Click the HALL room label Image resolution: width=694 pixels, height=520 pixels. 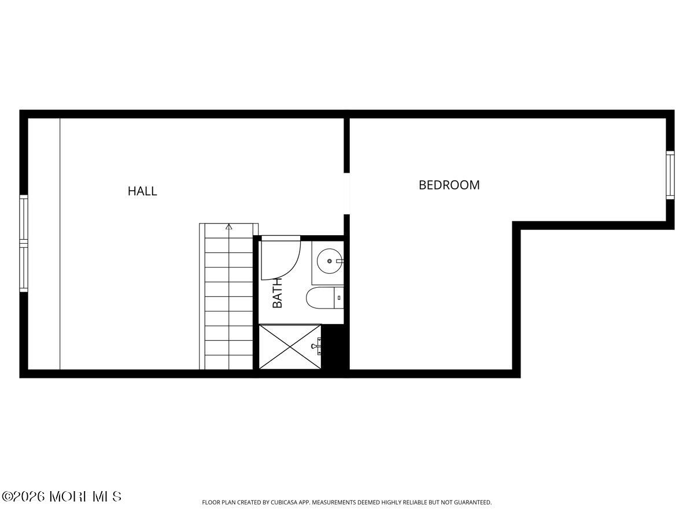pos(142,191)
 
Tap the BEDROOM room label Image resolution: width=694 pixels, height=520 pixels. pos(449,185)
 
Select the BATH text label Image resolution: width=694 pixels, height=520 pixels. pos(277,293)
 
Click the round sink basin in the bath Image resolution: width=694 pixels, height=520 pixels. pos(330,261)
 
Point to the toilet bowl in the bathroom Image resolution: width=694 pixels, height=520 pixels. pos(320,298)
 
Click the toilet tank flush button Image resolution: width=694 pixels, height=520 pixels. pos(339,298)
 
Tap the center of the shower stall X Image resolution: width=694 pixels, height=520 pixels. pos(290,347)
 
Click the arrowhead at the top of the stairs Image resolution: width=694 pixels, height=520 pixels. pos(229,226)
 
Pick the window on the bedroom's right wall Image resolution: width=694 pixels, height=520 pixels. pos(670,175)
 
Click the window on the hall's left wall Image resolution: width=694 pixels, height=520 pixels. pos(24,243)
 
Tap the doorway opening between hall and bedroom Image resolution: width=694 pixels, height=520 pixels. pos(347,194)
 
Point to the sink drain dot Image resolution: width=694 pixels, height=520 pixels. pos(330,261)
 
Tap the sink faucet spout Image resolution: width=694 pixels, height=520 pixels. pos(339,261)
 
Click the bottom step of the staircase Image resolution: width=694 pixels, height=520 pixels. pos(229,362)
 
